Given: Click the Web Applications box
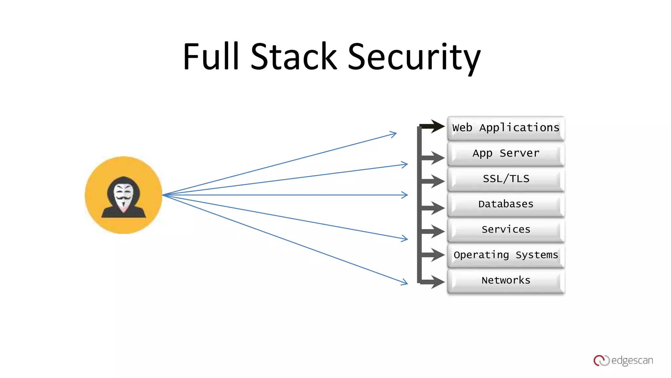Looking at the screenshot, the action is pyautogui.click(x=506, y=128).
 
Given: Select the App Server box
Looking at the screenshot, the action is pyautogui.click(x=506, y=154).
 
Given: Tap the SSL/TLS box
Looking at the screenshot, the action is pyautogui.click(x=506, y=179).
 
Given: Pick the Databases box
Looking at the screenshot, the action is pyautogui.click(x=506, y=204).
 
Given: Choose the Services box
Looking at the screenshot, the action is pyautogui.click(x=506, y=230).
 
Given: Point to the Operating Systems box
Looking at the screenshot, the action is pyautogui.click(x=506, y=255).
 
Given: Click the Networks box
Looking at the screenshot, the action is pyautogui.click(x=506, y=281).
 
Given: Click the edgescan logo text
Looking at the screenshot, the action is pyautogui.click(x=632, y=361).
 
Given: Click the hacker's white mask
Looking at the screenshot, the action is pyautogui.click(x=123, y=197).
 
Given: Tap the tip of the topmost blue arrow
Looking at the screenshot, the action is pyautogui.click(x=397, y=133).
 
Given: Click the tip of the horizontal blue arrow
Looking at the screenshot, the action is pyautogui.click(x=408, y=195).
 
